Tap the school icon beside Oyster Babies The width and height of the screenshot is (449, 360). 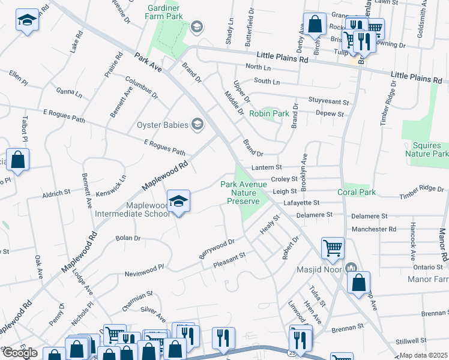pos(196,125)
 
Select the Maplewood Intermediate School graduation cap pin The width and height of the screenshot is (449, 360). pos(178,202)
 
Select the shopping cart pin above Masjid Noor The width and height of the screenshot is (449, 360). pos(333,247)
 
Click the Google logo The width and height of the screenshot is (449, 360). pos(20,353)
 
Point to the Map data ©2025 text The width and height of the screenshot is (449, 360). pos(423,355)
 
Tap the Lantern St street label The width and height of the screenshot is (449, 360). pos(267,167)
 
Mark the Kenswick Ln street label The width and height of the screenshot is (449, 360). pos(113,187)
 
